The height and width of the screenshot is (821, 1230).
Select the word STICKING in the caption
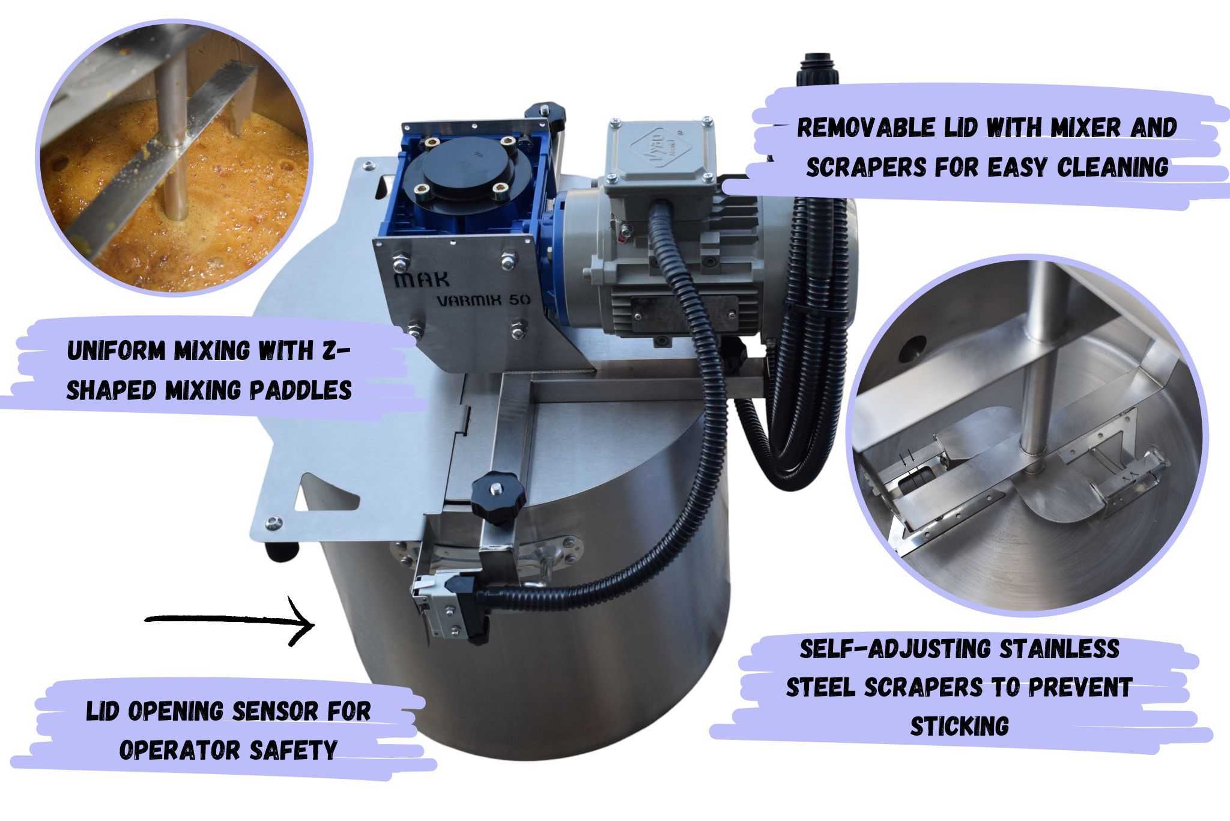point(959,725)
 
